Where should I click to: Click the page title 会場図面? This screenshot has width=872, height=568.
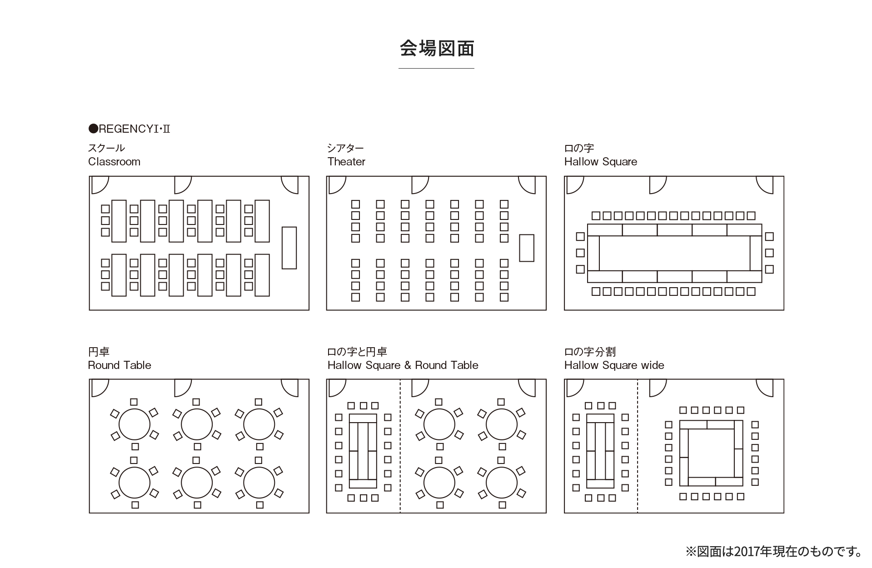437,49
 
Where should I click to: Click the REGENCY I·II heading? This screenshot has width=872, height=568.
130,129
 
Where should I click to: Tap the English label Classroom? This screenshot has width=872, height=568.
114,162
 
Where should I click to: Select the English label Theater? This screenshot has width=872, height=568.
346,162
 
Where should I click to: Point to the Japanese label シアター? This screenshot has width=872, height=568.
345,148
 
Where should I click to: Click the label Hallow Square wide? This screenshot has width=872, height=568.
614,365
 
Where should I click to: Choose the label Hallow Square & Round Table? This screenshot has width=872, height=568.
403,365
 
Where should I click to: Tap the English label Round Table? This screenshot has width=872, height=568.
120,365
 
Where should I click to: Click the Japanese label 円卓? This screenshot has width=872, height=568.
99,352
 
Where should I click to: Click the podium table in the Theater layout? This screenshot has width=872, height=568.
526,248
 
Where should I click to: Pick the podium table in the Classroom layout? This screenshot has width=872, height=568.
289,248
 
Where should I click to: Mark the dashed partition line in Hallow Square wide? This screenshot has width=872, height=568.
638,445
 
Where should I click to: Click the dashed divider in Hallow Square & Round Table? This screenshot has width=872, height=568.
400,445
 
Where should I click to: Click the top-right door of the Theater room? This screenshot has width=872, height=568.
528,184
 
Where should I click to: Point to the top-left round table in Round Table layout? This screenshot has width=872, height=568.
134,424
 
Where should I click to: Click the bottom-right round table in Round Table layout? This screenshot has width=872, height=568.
259,483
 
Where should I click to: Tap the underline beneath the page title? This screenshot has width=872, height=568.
436,69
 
